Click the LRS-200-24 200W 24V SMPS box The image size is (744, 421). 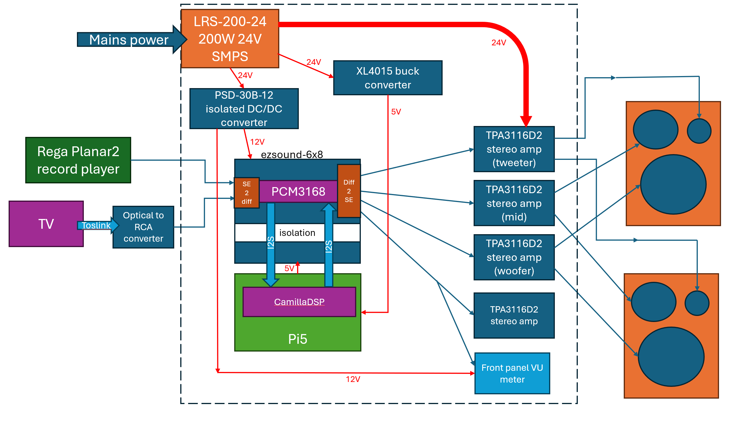(230, 39)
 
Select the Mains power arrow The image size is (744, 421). (129, 40)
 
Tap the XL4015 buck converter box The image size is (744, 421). (387, 78)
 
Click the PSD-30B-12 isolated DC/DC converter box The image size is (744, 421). (244, 109)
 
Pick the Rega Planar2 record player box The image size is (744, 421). (78, 160)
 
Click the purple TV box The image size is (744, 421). (46, 224)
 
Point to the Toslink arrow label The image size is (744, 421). (96, 225)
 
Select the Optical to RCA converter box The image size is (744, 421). (143, 227)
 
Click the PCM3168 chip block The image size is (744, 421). (298, 191)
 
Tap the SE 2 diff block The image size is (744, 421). (246, 193)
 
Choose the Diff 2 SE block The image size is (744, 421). (349, 191)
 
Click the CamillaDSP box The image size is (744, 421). (299, 302)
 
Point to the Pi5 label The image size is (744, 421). (298, 339)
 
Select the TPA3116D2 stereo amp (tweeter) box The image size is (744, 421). (514, 149)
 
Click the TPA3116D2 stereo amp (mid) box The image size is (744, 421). (514, 203)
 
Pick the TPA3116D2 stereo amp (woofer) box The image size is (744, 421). (514, 257)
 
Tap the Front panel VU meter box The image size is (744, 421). (512, 373)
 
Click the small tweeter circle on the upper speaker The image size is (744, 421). (699, 131)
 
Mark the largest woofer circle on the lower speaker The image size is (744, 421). (671, 357)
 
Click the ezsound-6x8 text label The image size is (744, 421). (292, 155)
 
